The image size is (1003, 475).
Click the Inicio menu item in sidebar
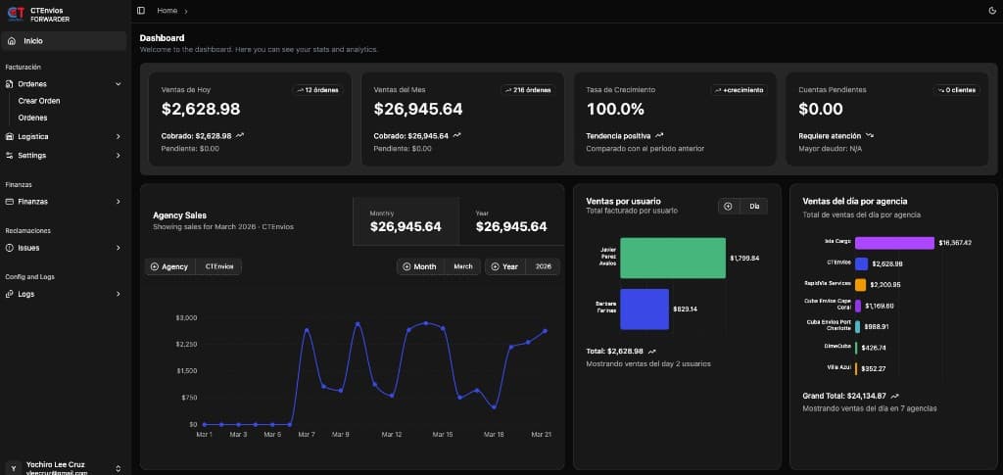click(x=33, y=41)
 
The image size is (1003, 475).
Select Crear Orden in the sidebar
click(x=39, y=101)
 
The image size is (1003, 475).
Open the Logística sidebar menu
click(x=33, y=136)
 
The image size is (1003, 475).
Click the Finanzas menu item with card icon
click(x=32, y=202)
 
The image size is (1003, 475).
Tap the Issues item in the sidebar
click(x=28, y=248)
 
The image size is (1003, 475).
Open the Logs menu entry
click(x=25, y=294)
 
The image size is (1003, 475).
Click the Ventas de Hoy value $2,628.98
click(x=201, y=109)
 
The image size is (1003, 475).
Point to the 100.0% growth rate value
click(x=615, y=109)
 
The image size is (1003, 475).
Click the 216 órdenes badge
click(x=528, y=90)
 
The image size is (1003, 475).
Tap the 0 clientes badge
click(x=955, y=90)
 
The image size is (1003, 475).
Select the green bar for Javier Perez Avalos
click(x=672, y=258)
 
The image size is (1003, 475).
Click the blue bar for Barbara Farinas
click(x=644, y=309)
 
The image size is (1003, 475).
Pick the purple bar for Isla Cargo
click(x=894, y=242)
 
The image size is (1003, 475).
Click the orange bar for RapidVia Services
click(x=860, y=285)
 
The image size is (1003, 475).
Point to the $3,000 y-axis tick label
click(x=186, y=317)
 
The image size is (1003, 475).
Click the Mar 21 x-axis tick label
click(x=540, y=434)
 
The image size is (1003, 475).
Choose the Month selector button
click(x=419, y=266)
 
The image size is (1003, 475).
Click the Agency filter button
click(x=169, y=266)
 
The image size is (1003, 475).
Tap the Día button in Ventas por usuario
click(x=754, y=206)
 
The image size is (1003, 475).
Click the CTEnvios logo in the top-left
click(x=16, y=14)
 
